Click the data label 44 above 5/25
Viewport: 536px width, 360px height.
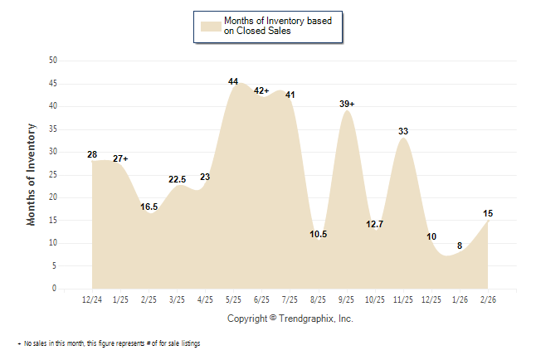[x=233, y=81]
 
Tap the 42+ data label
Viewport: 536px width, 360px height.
[x=261, y=90]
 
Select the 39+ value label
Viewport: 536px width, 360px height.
[x=347, y=104]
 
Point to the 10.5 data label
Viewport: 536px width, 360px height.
[x=319, y=234]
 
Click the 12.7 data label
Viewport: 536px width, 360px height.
[x=375, y=224]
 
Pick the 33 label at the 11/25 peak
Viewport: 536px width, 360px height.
[x=403, y=131]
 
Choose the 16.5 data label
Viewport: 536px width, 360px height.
[x=149, y=207]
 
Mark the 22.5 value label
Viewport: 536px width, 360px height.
[x=178, y=179]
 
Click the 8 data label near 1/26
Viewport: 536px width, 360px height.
[x=460, y=246]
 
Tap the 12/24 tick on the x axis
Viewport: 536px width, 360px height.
[x=92, y=299]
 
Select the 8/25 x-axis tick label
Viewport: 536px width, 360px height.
[x=319, y=299]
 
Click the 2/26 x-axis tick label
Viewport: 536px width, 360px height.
[x=488, y=299]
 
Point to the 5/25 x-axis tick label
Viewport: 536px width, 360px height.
[x=233, y=299]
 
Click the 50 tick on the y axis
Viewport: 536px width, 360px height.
[x=53, y=61]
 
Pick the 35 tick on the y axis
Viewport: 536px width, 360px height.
[x=53, y=129]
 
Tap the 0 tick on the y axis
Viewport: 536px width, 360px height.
[x=55, y=289]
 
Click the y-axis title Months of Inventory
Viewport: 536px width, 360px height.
[x=32, y=174]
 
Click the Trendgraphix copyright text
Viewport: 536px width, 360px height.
[x=290, y=319]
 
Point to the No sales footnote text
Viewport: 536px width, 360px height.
[x=111, y=343]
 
